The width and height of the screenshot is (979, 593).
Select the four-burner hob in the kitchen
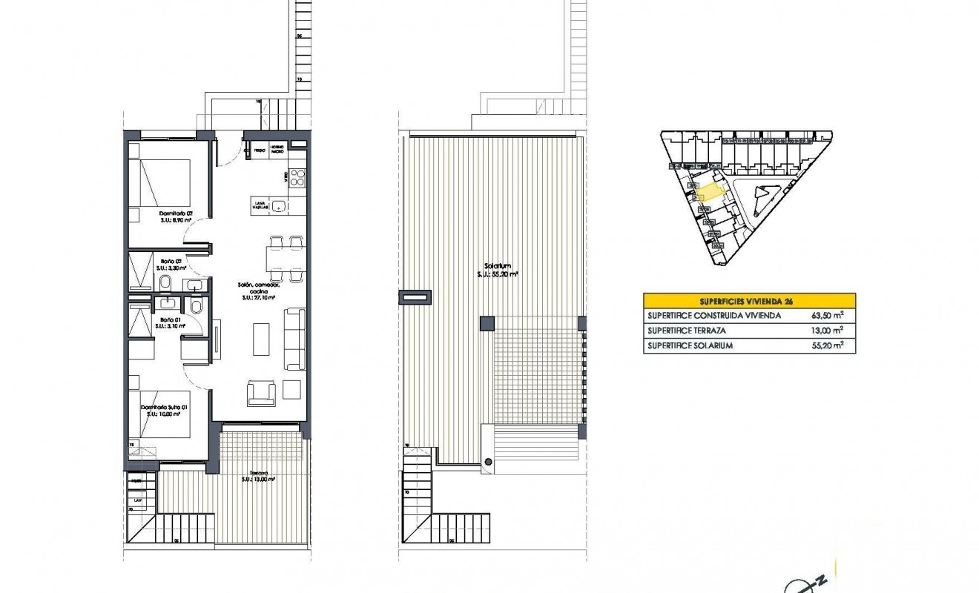coord(297,177)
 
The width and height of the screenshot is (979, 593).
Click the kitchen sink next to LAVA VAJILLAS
coord(279,205)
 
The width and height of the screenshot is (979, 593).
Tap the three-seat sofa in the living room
coord(295,339)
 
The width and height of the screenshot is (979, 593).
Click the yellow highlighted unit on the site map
coord(709,193)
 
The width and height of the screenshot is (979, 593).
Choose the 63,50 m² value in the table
coord(828,315)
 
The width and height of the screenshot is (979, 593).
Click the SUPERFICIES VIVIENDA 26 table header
coord(749,301)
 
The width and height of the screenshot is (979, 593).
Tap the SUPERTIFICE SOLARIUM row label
coord(690,346)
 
